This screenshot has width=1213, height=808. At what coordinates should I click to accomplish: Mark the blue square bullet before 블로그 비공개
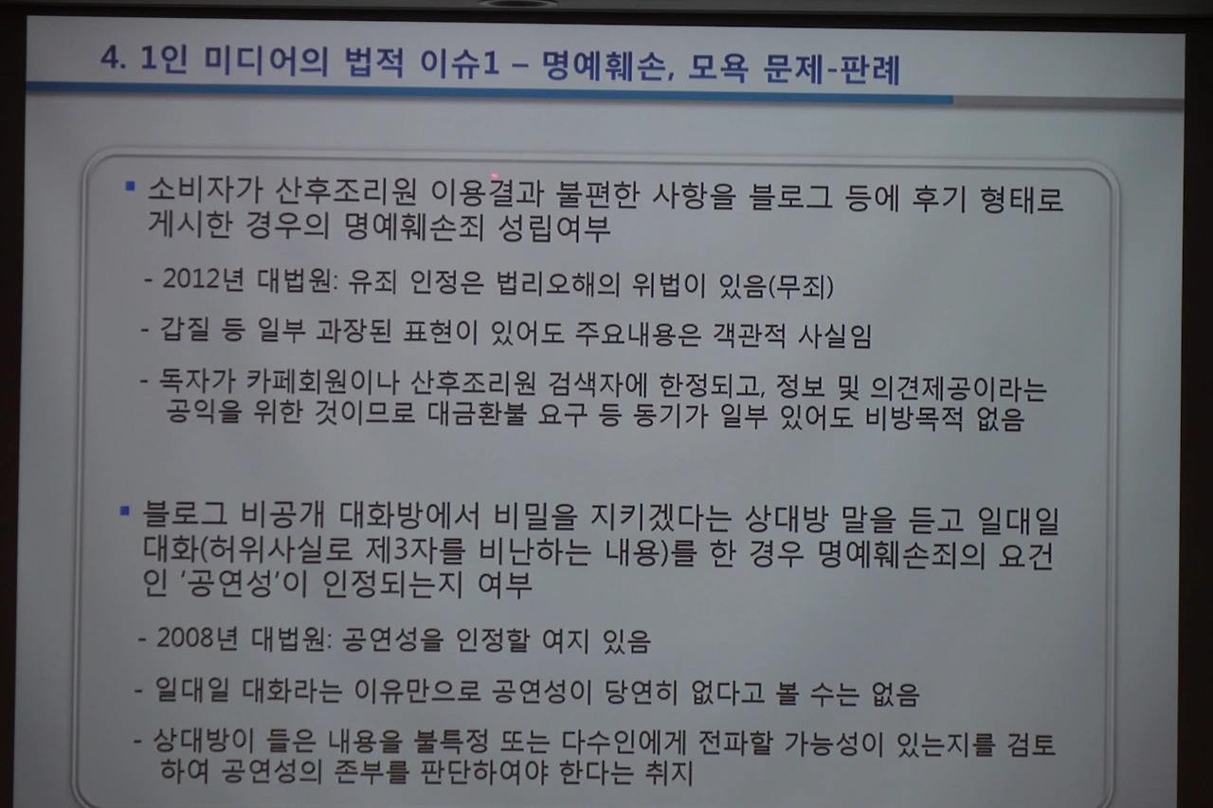(124, 512)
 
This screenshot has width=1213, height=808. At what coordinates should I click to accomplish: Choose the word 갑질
(186, 332)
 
